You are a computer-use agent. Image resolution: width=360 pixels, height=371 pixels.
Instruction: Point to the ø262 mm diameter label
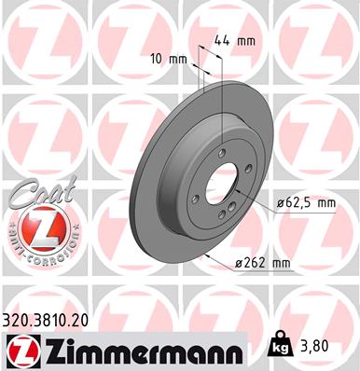click(262, 264)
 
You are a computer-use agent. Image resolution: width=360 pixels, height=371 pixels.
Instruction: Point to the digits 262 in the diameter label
click(256, 264)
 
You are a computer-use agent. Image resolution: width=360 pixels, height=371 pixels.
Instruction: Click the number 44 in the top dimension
click(220, 40)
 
